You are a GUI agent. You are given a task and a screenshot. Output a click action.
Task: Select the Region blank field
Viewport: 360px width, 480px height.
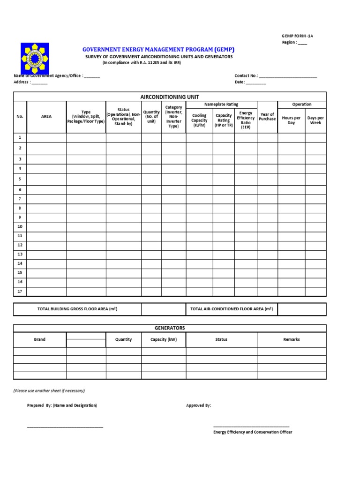tap(302, 43)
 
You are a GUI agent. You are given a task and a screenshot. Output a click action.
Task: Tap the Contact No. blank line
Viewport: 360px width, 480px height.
tap(288, 76)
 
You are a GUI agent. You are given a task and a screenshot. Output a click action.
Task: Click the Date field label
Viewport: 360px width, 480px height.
tap(240, 82)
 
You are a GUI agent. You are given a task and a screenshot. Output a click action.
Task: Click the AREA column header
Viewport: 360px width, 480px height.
tap(46, 117)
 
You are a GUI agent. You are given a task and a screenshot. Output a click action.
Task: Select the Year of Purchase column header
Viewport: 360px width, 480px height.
tap(267, 117)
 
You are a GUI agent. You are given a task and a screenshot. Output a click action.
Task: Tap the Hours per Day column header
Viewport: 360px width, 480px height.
tap(291, 120)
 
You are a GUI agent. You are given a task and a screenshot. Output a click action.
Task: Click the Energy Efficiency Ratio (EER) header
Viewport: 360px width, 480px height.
tap(246, 120)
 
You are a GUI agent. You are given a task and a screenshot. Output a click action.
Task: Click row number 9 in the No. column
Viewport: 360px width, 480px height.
tap(20, 217)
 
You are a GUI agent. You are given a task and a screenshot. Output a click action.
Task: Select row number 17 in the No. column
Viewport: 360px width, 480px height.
tap(20, 291)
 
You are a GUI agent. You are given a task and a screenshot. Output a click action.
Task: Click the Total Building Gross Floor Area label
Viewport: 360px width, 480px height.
tap(77, 309)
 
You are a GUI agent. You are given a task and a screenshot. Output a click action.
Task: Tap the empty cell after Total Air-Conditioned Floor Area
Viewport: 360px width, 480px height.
tap(301, 309)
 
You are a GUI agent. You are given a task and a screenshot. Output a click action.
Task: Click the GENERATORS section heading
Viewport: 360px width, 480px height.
tap(170, 328)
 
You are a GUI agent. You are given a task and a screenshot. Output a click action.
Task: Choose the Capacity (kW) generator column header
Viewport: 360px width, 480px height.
tap(163, 339)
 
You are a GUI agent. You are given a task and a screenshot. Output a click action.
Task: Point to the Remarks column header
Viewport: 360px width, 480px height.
tap(291, 339)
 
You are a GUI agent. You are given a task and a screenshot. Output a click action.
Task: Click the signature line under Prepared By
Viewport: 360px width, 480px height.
tap(65, 426)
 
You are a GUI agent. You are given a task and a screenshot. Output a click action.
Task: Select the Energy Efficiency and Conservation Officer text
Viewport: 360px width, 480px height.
tap(253, 432)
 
